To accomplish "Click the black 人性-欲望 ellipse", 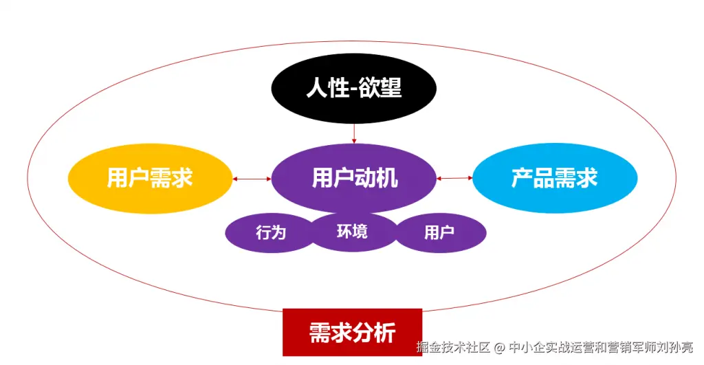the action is click(x=354, y=89).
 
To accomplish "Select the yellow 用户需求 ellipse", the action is click(x=151, y=178).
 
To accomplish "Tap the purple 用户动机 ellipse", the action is click(x=354, y=178).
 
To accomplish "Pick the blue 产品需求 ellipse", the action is click(x=555, y=178).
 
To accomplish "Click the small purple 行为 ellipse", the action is click(x=270, y=232).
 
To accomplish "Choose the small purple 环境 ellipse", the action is click(x=353, y=232).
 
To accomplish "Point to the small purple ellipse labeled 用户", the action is click(x=440, y=232).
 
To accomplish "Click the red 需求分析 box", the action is click(x=353, y=332).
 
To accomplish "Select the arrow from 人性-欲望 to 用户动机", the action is click(x=354, y=134).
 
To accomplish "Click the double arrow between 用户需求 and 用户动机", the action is click(x=252, y=179).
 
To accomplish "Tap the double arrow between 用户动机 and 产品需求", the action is click(x=454, y=178).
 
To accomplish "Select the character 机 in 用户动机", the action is click(x=387, y=178).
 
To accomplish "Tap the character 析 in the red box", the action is click(x=385, y=333).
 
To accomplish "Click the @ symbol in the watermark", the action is click(x=499, y=348).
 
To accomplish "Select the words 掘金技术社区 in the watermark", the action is click(x=453, y=347).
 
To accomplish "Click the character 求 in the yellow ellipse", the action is click(x=182, y=178).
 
